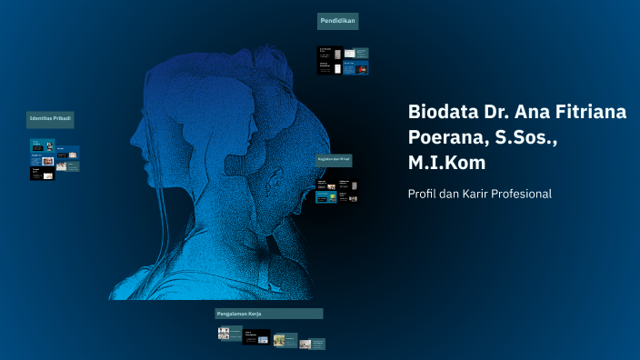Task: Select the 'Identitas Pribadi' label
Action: point(50,119)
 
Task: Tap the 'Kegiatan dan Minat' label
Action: point(334,159)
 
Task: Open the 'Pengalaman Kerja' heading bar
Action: point(268,314)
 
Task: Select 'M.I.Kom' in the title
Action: point(446,163)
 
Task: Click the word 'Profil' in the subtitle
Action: point(423,194)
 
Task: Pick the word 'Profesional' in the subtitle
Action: point(519,194)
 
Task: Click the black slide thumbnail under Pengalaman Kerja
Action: point(256,337)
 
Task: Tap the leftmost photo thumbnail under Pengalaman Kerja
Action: point(229,334)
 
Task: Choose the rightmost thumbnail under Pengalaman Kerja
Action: point(312,344)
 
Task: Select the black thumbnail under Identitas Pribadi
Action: point(43,173)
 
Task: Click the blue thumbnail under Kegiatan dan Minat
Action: point(325,196)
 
